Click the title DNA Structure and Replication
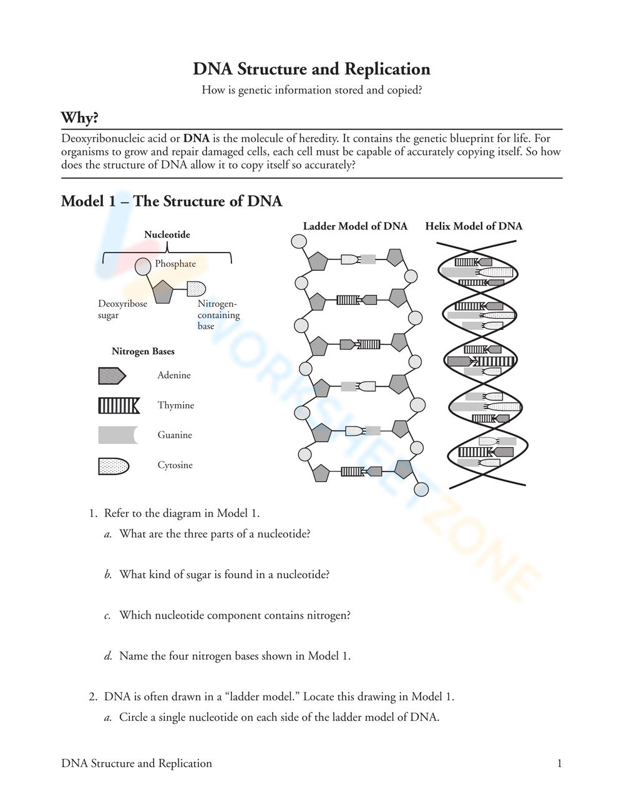coord(311,69)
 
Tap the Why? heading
coord(79,117)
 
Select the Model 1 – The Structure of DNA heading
coord(172,201)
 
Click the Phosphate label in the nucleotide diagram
coord(175,264)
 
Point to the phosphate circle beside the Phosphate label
coord(143,266)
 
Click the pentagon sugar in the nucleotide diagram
coord(162,292)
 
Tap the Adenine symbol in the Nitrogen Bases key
coord(112,375)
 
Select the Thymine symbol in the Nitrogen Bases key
coord(119,405)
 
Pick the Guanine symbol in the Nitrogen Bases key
coord(117,435)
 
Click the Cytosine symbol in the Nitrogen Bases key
coord(114,466)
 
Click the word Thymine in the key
coord(175,405)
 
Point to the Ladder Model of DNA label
coord(355,226)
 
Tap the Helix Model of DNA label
coord(474,226)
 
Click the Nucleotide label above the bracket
coord(167,234)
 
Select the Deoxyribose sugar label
coord(122,309)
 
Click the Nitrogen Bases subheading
coord(143,351)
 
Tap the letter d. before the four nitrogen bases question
coord(108,656)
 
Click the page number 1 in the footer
coord(559,763)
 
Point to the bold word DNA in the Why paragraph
coord(196,138)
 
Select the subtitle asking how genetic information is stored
coord(311,90)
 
